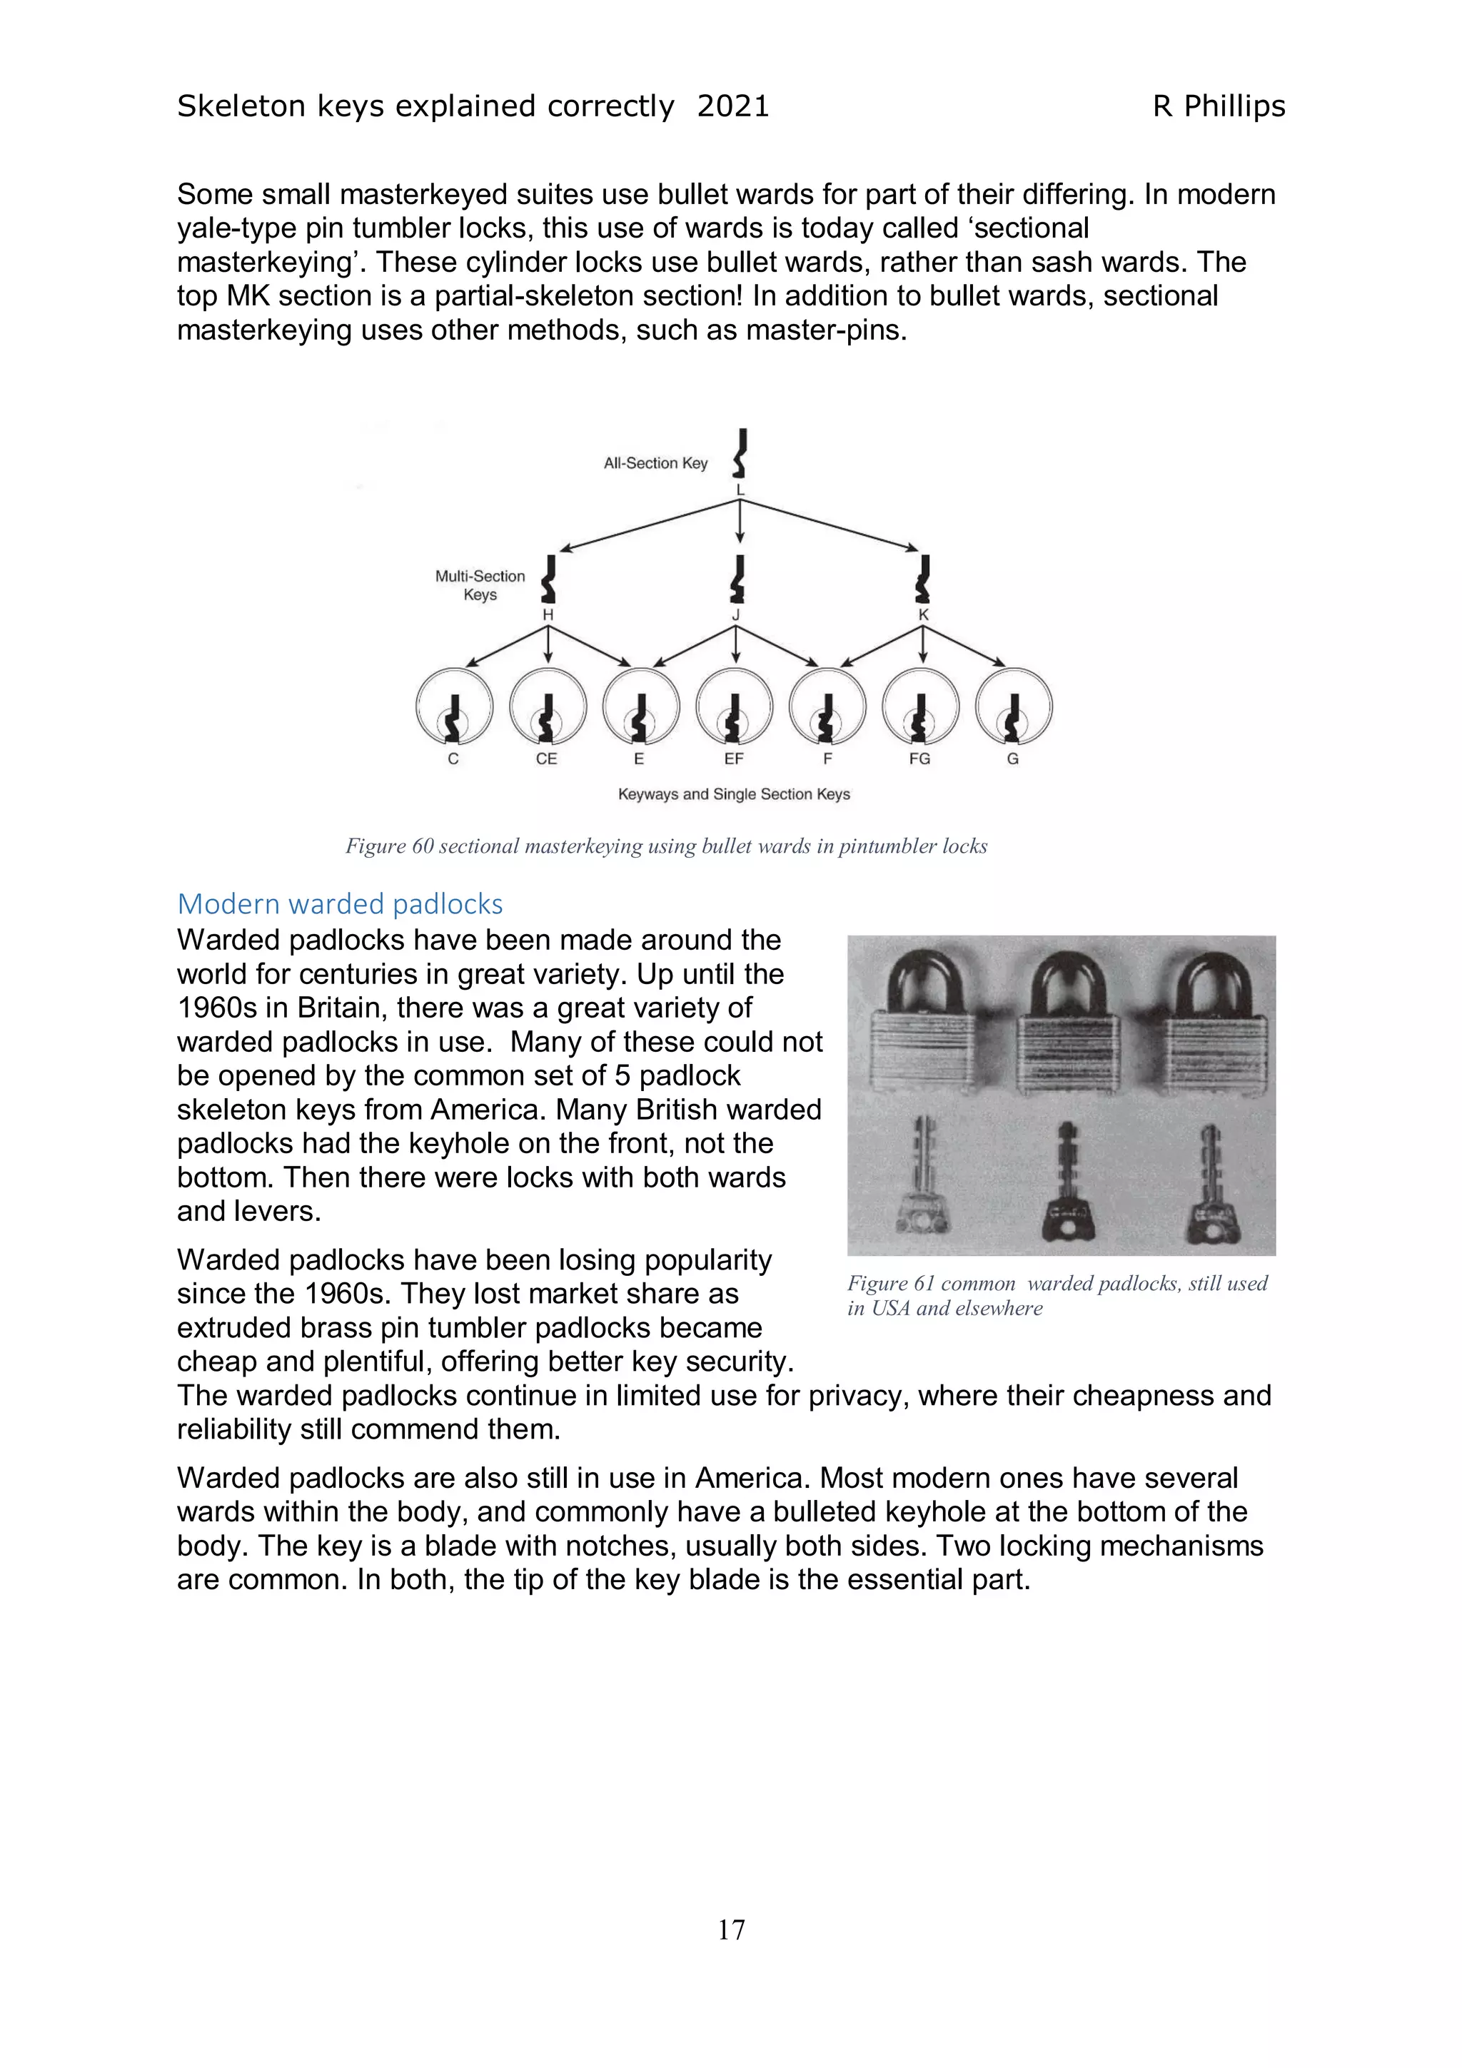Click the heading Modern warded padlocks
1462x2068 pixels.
[x=340, y=903]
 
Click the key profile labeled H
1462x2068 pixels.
[x=548, y=579]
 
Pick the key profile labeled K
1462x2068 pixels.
[x=922, y=579]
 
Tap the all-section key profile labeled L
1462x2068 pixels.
[x=740, y=453]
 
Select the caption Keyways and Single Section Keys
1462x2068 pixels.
[x=733, y=794]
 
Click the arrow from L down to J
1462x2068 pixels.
[x=740, y=522]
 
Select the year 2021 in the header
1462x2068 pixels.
[x=732, y=106]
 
